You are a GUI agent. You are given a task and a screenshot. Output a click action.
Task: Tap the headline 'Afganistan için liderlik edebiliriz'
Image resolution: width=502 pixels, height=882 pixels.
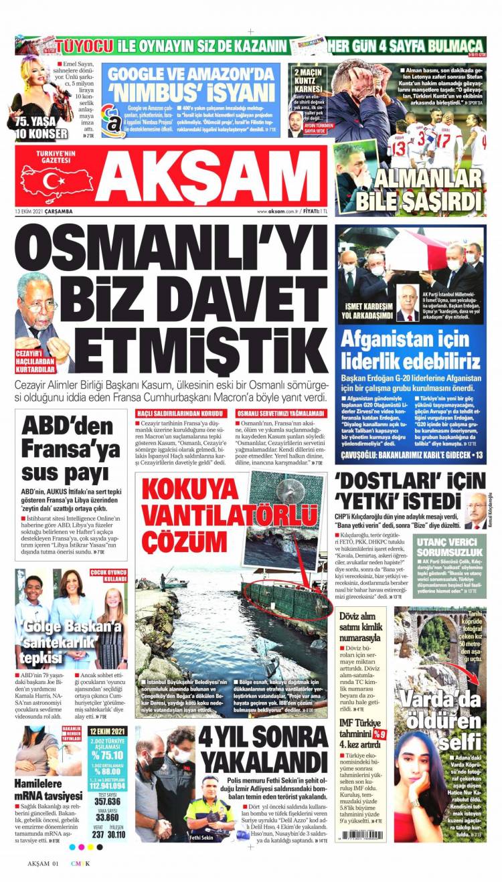pyautogui.click(x=410, y=352)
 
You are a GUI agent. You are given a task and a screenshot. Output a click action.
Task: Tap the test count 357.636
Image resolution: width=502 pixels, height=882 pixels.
pyautogui.click(x=107, y=801)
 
